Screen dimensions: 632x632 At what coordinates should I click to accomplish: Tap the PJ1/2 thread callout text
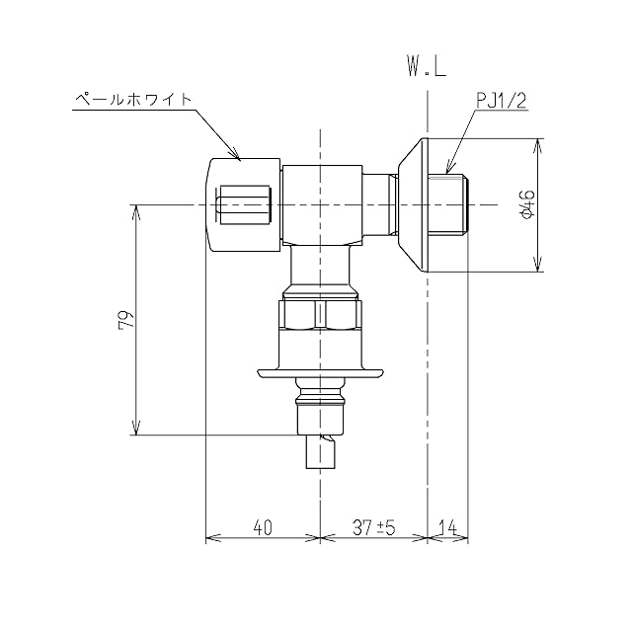[502, 101]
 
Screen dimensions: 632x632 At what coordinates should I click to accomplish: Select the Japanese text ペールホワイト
[133, 99]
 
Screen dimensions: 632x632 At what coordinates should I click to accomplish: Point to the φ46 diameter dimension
[528, 204]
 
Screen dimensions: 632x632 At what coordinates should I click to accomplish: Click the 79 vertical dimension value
[125, 320]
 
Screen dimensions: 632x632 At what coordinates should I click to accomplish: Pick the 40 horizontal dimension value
[263, 527]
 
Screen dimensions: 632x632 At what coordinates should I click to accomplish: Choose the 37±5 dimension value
[374, 527]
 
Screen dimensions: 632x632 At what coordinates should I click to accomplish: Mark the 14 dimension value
[447, 527]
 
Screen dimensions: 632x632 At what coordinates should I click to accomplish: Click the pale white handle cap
[243, 204]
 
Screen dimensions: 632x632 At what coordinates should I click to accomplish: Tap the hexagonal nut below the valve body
[320, 314]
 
